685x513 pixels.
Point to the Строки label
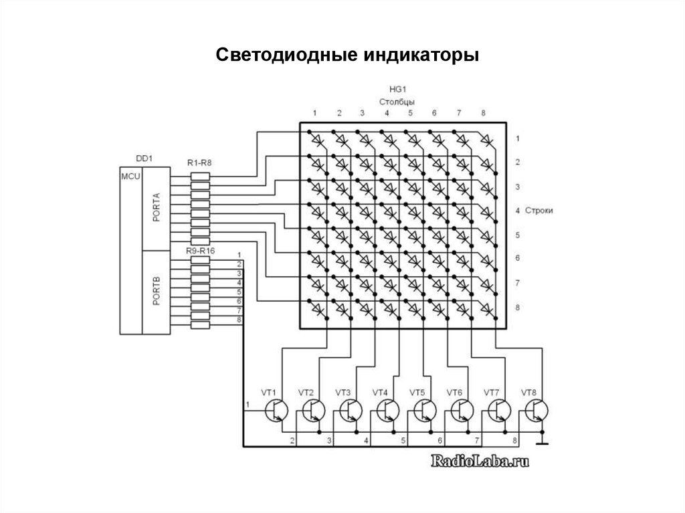click(543, 211)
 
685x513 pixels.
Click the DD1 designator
click(144, 159)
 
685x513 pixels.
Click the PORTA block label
click(155, 209)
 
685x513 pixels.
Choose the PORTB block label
click(155, 293)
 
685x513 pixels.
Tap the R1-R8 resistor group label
click(199, 163)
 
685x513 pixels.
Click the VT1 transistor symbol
click(277, 409)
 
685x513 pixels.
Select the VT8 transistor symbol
click(538, 409)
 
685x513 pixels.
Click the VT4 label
click(380, 392)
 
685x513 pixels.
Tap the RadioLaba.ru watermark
click(476, 461)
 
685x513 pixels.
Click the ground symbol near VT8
click(543, 441)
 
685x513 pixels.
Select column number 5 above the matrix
click(409, 113)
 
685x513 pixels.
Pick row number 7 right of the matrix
click(518, 284)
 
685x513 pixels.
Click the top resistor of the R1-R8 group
click(200, 176)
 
